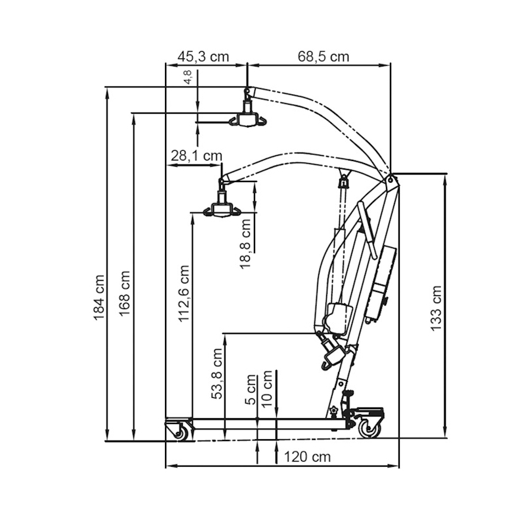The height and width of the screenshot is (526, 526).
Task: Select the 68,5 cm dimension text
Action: [322, 56]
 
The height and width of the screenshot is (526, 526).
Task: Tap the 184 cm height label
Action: [99, 297]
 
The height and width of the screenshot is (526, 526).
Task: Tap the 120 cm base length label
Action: [307, 456]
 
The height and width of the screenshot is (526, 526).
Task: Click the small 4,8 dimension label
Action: [189, 77]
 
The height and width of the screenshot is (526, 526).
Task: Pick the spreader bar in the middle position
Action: [221, 209]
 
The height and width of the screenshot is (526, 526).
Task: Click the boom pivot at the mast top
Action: [391, 178]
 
